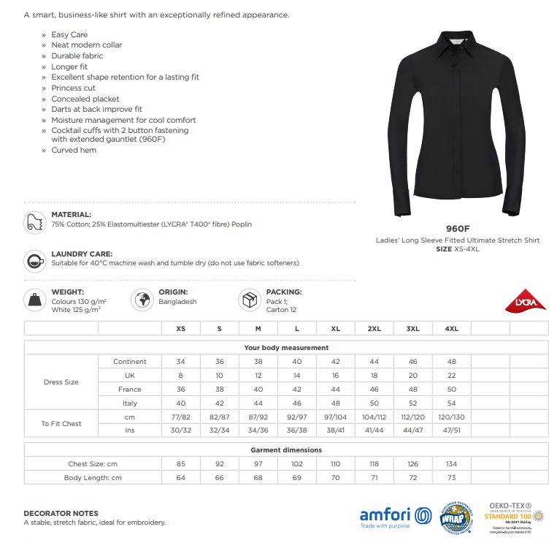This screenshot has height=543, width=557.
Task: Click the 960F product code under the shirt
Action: point(458,227)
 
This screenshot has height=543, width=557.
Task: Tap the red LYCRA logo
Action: point(526,301)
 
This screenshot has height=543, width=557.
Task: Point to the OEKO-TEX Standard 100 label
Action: point(515,516)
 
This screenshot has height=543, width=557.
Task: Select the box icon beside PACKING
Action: point(250,300)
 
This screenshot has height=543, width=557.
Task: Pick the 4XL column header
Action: point(451,329)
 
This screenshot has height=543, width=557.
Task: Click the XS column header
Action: point(180,329)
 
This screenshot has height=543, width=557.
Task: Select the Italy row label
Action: point(129,403)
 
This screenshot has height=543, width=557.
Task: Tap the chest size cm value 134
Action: point(451,463)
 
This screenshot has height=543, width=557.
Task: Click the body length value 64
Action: point(180,477)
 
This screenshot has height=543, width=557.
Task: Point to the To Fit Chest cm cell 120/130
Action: point(451,417)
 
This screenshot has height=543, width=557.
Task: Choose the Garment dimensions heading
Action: point(286,450)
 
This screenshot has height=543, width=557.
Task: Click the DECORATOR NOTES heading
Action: point(61,513)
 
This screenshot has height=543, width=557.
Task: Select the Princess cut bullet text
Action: point(73,88)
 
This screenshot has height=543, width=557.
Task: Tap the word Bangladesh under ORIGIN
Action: point(177,302)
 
